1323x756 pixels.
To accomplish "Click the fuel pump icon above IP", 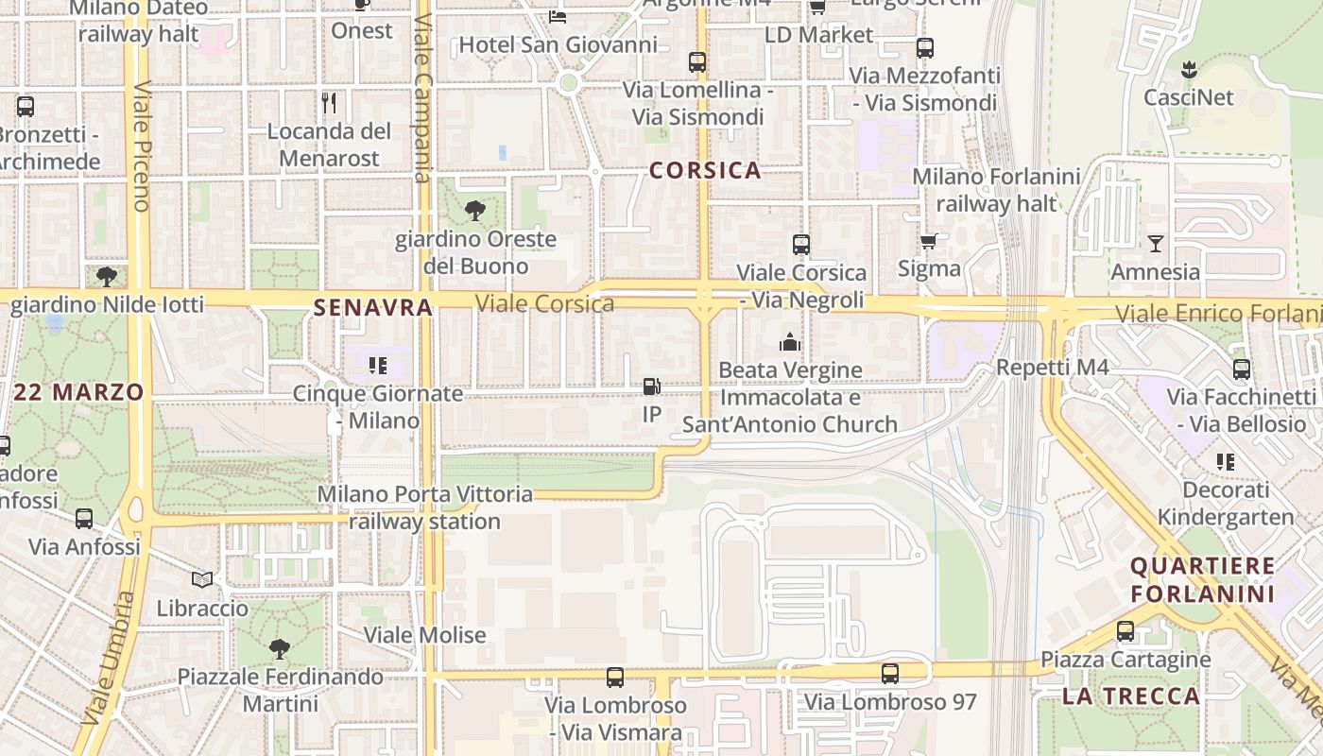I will pyautogui.click(x=651, y=387).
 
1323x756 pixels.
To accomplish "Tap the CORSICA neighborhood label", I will pyautogui.click(x=705, y=170).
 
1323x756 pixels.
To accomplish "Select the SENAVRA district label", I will pyautogui.click(x=372, y=307).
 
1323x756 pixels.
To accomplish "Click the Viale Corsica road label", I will pyautogui.click(x=545, y=303).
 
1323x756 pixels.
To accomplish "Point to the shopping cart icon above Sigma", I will pyautogui.click(x=929, y=241).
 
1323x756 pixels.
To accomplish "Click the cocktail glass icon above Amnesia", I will pyautogui.click(x=1155, y=244).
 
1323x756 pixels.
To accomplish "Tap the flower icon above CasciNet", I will pyautogui.click(x=1188, y=69).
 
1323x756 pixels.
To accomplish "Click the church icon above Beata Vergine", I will pyautogui.click(x=790, y=342).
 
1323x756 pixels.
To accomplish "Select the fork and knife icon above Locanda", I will pyautogui.click(x=329, y=102).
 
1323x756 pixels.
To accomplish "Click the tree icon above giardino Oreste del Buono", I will pyautogui.click(x=475, y=211).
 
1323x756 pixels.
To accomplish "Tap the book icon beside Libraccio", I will pyautogui.click(x=202, y=579).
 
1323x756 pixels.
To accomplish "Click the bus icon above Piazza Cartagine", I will pyautogui.click(x=1125, y=631).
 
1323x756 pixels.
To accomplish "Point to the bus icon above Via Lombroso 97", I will pyautogui.click(x=890, y=674).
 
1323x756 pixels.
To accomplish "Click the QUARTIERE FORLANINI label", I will pyautogui.click(x=1203, y=580).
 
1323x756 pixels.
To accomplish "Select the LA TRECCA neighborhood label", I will pyautogui.click(x=1130, y=696).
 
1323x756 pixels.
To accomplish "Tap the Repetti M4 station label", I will pyautogui.click(x=1053, y=368).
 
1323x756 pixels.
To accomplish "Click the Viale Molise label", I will pyautogui.click(x=425, y=635).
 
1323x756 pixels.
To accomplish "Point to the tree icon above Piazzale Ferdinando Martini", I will pyautogui.click(x=279, y=649).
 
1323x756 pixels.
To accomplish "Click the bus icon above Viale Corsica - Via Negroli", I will pyautogui.click(x=801, y=245).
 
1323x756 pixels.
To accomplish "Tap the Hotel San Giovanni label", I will pyautogui.click(x=558, y=44).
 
